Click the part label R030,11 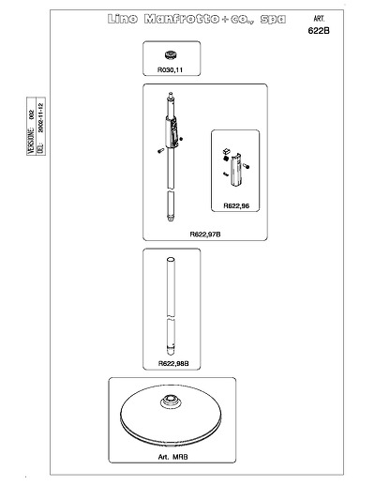pos(170,69)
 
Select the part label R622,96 pos(236,205)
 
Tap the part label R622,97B pos(205,235)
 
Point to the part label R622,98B pos(173,363)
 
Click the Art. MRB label pos(172,457)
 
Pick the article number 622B pos(319,31)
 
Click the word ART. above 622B pos(319,19)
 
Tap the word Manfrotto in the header pos(182,19)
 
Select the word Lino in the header pos(123,19)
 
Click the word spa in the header pos(273,20)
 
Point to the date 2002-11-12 pos(41,117)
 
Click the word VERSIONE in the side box pos(31,141)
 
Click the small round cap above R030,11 pos(172,55)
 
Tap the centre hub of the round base pos(171,402)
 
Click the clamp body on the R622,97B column pos(172,131)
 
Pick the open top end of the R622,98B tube pos(171,260)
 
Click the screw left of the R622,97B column pos(161,151)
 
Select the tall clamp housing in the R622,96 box pos(236,170)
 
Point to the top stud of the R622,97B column pos(171,95)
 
